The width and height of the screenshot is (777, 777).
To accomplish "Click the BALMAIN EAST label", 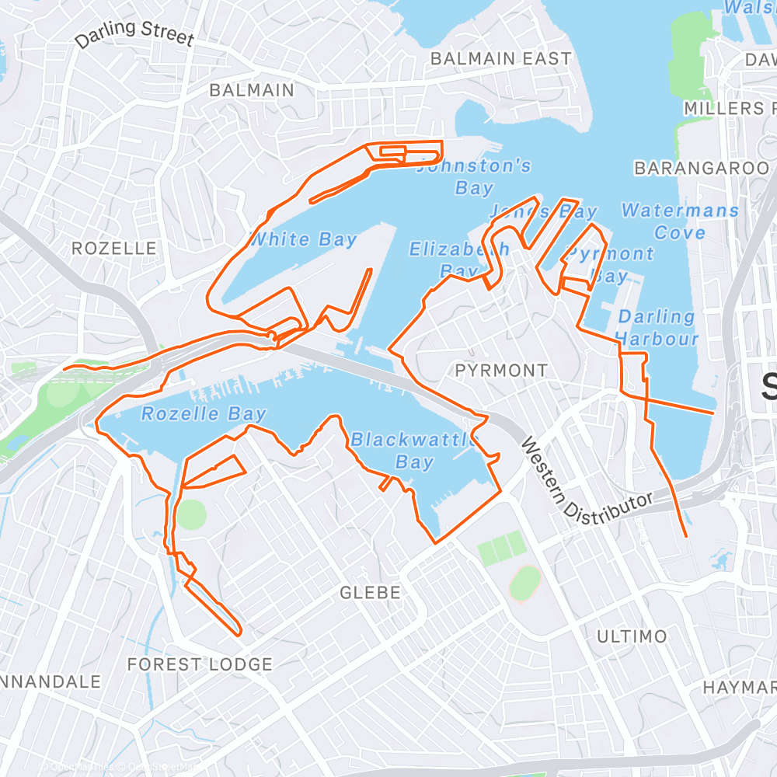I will [x=500, y=59].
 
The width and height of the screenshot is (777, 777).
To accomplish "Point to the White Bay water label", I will [x=303, y=239].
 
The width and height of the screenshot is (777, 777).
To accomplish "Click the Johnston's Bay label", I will [x=474, y=176].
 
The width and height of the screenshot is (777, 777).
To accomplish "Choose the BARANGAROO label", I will [x=702, y=169].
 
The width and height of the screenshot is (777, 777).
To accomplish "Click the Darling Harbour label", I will [x=657, y=327].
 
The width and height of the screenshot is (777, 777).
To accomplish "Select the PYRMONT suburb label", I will [x=501, y=371].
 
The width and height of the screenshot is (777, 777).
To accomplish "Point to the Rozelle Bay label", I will [x=204, y=414].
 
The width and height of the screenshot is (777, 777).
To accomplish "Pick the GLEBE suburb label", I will [x=371, y=593].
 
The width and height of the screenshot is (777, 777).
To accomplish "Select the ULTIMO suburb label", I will [x=632, y=637].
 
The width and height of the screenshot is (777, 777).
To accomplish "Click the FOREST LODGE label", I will [x=200, y=665].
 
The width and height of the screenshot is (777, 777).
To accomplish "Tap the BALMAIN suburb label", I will [x=252, y=90].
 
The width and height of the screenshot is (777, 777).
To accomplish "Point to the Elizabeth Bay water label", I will [x=458, y=260].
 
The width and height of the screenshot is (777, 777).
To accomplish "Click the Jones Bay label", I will [x=543, y=211].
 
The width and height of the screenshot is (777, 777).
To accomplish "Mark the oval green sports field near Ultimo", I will [x=525, y=583].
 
